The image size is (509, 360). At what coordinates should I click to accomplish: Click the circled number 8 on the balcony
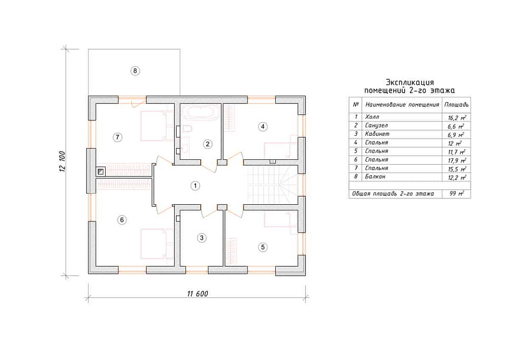pos(135,71)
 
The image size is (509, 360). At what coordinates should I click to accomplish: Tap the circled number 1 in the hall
pos(195,186)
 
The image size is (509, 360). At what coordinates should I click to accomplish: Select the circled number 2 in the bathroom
pos(208,144)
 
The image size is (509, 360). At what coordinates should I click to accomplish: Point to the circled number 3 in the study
pos(201,238)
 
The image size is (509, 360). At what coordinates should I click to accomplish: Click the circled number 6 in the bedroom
pos(122,220)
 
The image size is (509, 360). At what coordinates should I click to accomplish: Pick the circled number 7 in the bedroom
pos(117,137)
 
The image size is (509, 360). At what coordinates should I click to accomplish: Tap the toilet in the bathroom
pos(187,129)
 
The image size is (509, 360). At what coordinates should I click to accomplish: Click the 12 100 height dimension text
pos(63,162)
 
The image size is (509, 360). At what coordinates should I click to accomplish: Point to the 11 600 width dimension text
pos(197,294)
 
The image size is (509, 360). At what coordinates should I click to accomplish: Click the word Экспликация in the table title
pos(409,83)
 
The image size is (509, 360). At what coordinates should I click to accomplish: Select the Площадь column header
pos(456,105)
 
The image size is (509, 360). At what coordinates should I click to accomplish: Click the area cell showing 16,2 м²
pos(456,117)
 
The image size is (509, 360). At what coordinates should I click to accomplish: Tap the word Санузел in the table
pos(376,126)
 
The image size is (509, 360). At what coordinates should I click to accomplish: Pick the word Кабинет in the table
pos(377,133)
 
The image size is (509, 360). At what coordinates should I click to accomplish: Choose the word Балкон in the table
pos(375,176)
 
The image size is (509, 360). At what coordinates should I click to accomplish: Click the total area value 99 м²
pos(456,194)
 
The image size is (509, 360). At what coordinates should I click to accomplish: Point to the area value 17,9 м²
pos(456,160)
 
